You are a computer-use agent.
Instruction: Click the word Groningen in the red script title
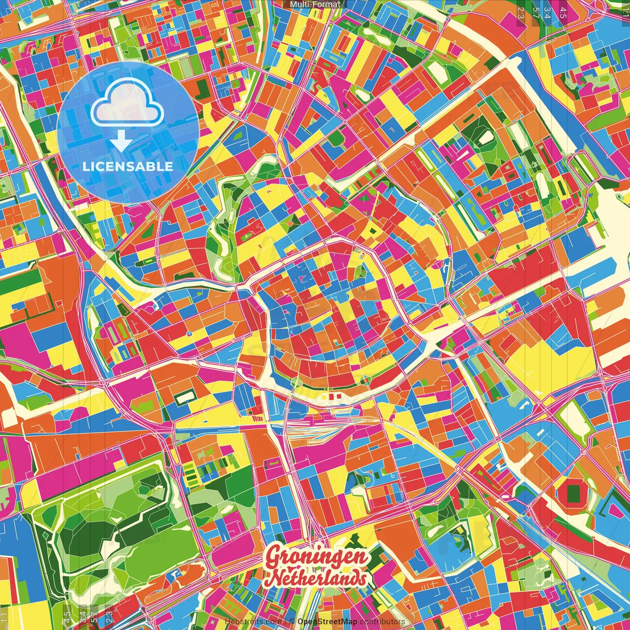pos(317,557)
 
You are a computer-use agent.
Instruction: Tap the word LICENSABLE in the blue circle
pos(128,166)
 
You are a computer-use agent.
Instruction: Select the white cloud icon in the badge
pos(127,105)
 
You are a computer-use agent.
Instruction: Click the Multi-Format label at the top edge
pos(315,4)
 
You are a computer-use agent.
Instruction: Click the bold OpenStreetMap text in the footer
pos(327,622)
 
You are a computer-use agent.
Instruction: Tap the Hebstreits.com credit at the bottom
pos(253,622)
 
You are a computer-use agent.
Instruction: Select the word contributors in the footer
pos(382,622)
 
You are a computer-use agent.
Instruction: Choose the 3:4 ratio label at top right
pos(547,12)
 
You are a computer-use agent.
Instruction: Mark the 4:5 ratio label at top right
pos(563,12)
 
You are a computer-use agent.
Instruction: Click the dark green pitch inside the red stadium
pos(573,494)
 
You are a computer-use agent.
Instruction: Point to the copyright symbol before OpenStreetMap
pos(291,622)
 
